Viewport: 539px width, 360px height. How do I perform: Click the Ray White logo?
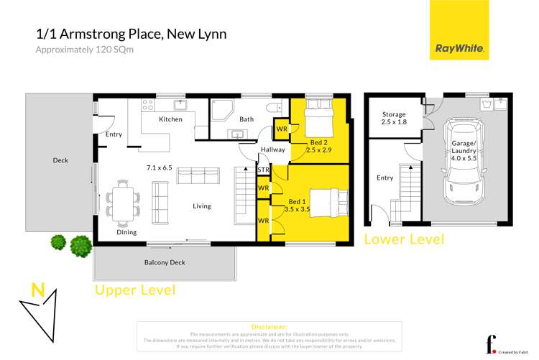[460, 31]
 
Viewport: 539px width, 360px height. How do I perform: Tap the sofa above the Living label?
[198, 175]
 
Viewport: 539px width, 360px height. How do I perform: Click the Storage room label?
[393, 118]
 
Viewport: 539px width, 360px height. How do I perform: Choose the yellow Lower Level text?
[404, 239]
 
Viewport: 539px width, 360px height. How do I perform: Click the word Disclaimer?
[269, 326]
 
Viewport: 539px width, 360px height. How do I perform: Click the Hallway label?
[273, 150]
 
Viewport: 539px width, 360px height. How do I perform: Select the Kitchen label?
[170, 119]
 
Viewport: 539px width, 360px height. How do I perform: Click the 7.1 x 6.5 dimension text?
[159, 167]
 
